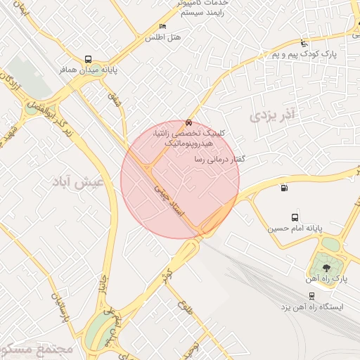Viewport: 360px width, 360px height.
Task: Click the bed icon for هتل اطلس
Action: [163, 27]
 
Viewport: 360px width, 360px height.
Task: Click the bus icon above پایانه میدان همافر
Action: [88, 60]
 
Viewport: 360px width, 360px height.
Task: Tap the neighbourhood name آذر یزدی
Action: [270, 115]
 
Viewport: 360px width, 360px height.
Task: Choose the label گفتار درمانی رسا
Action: [219, 160]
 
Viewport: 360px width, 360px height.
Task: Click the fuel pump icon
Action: [283, 187]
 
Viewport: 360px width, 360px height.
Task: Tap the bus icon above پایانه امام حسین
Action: [295, 217]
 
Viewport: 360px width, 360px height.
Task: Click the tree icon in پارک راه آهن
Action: [325, 267]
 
